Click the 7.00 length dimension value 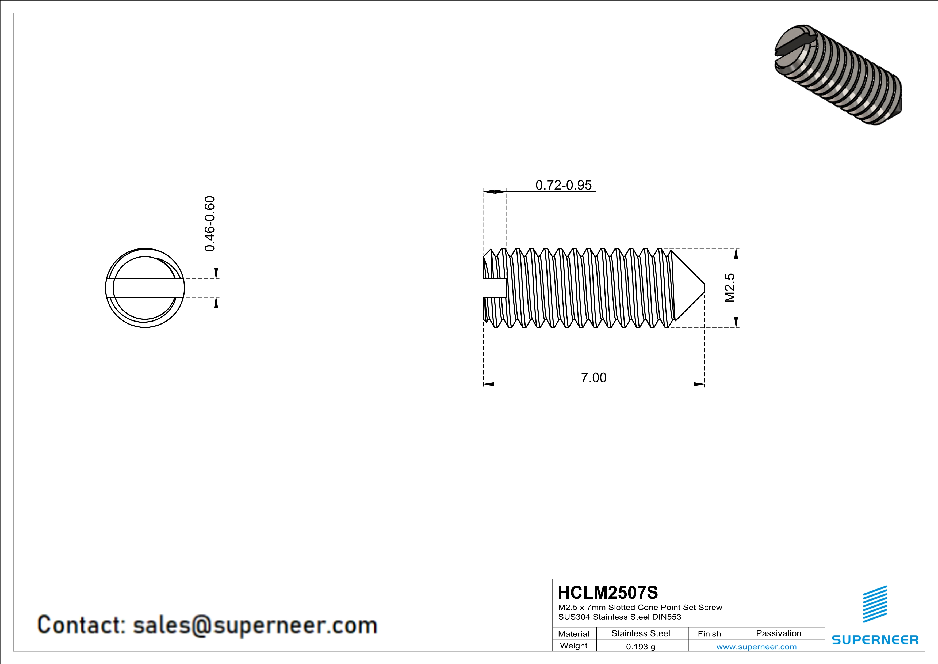coord(594,378)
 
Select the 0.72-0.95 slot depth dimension coord(563,185)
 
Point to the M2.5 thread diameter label coord(730,288)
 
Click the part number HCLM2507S coord(608,593)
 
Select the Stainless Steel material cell coord(641,633)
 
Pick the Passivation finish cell coord(778,633)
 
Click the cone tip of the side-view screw coord(703,288)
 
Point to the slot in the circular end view coord(145,288)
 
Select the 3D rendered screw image coord(837,74)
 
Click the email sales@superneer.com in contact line coord(255,625)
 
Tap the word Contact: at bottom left coord(81,625)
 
